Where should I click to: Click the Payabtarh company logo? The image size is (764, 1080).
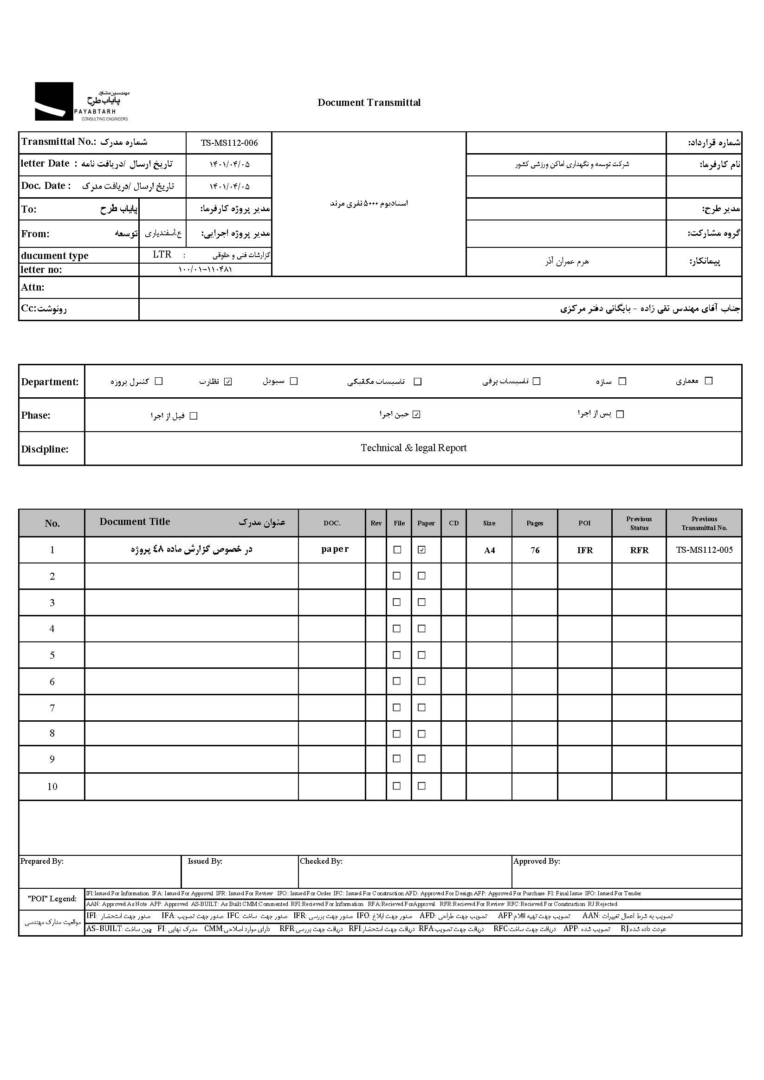tap(81, 101)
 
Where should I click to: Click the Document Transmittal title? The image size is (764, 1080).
tap(369, 103)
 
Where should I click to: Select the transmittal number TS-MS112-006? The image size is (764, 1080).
tap(229, 143)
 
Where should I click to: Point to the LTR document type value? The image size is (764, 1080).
tap(162, 254)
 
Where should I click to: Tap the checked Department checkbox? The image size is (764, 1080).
tap(228, 382)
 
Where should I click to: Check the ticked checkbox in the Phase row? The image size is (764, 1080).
tap(416, 414)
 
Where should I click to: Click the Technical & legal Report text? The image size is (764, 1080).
tap(414, 448)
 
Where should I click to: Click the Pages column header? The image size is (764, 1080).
tap(534, 523)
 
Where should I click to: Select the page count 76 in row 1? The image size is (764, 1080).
tap(535, 550)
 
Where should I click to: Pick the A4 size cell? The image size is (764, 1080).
tap(489, 550)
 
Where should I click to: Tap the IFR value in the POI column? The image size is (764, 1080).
tap(585, 550)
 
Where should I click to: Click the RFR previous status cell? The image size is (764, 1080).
tap(639, 550)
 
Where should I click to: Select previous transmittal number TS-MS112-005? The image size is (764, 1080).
tap(704, 550)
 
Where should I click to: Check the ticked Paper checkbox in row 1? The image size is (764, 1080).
tap(422, 550)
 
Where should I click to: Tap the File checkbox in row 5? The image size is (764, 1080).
tap(397, 655)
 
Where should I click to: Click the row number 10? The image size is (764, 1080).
tap(52, 787)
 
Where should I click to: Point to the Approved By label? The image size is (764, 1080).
tap(536, 861)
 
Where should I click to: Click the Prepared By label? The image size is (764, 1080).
tap(42, 861)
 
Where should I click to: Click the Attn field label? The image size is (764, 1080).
tap(32, 287)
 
